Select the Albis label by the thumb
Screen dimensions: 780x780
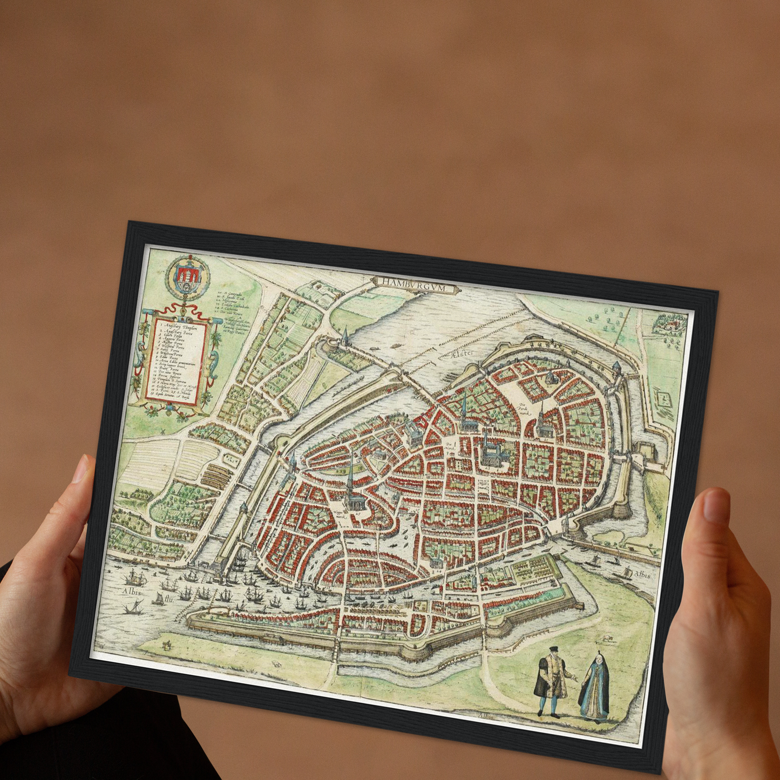click(x=642, y=574)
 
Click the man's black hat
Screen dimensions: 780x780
click(x=553, y=649)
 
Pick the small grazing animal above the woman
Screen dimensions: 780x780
click(x=609, y=639)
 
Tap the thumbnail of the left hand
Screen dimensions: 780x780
click(x=80, y=470)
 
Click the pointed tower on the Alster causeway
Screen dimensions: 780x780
click(x=344, y=338)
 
